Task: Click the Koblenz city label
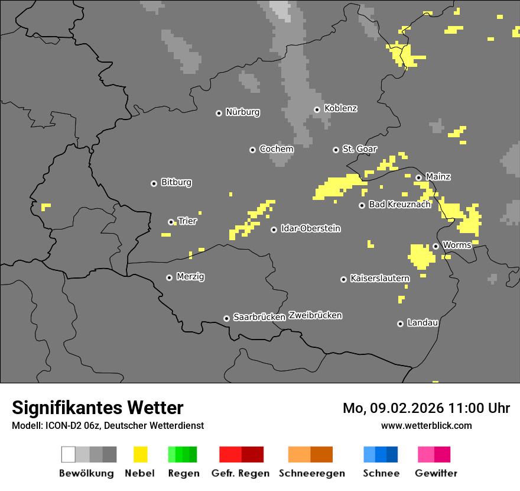[x=340, y=109]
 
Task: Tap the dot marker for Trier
[x=171, y=222]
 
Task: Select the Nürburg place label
[x=242, y=112]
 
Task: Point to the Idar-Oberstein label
[x=310, y=229]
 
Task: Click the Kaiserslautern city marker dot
[x=343, y=279]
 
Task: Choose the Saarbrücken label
[x=259, y=318]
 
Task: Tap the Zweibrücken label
[x=315, y=315]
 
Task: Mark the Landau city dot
[x=400, y=324]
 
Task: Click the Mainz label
[x=438, y=177]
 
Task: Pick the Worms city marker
[x=435, y=246]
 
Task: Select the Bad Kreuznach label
[x=399, y=205]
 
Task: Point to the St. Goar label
[x=359, y=149]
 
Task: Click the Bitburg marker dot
[x=154, y=183]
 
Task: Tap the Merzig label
[x=190, y=277]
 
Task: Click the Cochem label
[x=276, y=149]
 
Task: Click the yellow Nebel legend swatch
[x=140, y=454]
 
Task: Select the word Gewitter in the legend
[x=435, y=473]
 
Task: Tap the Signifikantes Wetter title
[x=97, y=408]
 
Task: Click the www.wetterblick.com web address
[x=426, y=425]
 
